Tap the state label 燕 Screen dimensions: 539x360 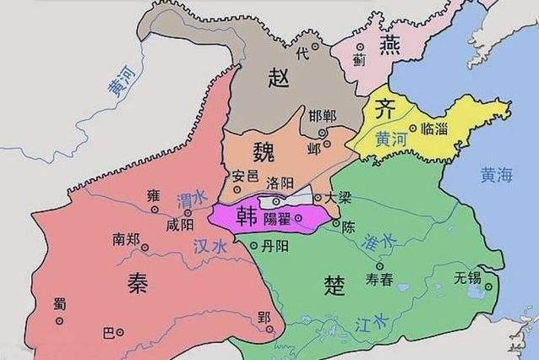389,45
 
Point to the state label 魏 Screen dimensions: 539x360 264,151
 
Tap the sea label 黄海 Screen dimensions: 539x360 496,176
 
